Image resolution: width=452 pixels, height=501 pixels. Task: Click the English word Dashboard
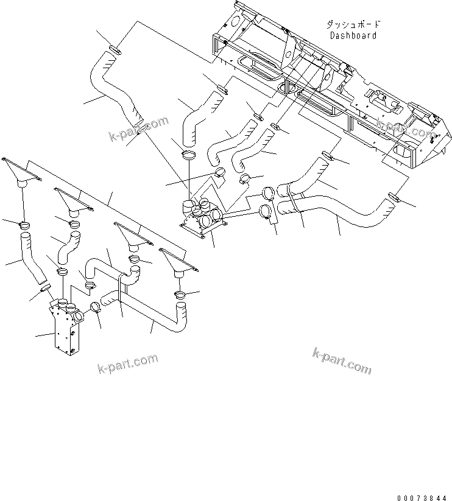[x=353, y=35]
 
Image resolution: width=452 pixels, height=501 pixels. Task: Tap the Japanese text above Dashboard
[x=353, y=25]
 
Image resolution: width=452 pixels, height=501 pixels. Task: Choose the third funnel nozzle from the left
[x=133, y=234]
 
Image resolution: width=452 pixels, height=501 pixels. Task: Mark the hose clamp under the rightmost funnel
[x=181, y=295]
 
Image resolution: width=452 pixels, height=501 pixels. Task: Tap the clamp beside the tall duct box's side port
[x=95, y=307]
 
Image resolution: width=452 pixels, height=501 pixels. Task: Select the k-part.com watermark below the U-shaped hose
[x=127, y=363]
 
